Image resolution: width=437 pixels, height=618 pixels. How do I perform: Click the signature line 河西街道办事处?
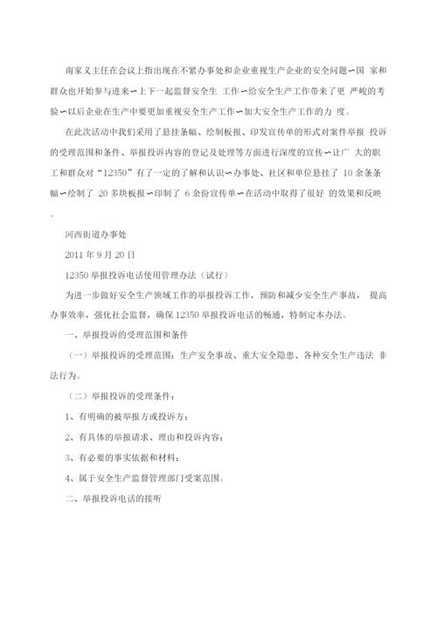coord(96,235)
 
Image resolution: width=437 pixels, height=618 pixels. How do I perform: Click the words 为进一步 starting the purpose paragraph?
coord(80,295)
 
